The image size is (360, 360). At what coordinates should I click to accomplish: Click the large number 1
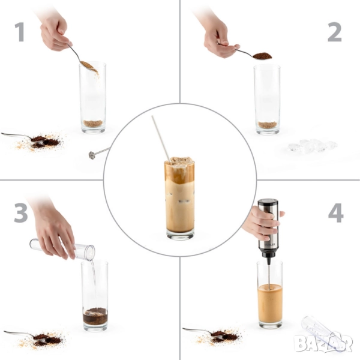click(x=20, y=32)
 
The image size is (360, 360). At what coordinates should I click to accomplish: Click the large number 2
click(x=335, y=32)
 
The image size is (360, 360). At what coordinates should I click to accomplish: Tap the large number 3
click(x=21, y=213)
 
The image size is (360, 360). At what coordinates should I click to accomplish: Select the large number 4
click(x=336, y=213)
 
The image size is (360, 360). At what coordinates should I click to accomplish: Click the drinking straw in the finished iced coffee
click(x=161, y=139)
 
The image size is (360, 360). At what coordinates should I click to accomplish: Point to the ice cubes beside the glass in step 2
click(x=313, y=145)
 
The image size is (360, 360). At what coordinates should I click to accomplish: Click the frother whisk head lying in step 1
click(x=92, y=155)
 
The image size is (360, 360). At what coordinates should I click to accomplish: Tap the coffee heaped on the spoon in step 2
click(x=262, y=56)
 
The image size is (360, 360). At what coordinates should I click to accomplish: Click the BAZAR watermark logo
click(x=323, y=343)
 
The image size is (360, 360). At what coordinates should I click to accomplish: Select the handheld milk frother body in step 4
click(x=268, y=227)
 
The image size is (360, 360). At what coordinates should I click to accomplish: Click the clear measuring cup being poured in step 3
click(x=62, y=249)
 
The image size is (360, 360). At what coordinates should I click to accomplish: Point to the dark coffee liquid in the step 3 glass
click(x=95, y=317)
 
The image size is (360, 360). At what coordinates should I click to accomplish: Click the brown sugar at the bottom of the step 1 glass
click(x=93, y=123)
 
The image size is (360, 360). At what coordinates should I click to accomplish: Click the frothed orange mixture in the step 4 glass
click(x=270, y=303)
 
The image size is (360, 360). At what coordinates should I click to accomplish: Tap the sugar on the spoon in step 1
click(x=88, y=65)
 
